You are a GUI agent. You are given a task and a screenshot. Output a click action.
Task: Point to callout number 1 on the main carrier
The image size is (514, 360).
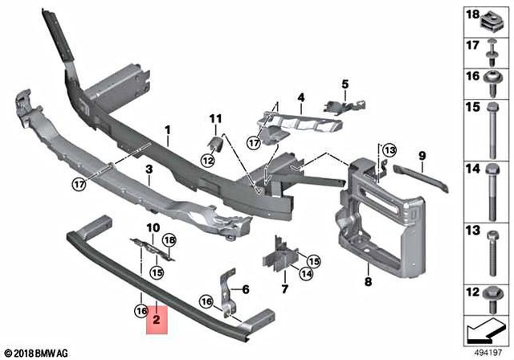tap(169, 129)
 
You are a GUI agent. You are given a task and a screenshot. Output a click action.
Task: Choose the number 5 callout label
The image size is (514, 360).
tap(246, 289)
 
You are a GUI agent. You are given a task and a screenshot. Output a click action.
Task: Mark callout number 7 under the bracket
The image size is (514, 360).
tap(284, 288)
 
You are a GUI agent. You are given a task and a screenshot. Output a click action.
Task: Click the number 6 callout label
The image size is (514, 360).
tap(246, 289)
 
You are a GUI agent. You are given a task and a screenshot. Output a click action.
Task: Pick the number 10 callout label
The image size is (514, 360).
tap(153, 228)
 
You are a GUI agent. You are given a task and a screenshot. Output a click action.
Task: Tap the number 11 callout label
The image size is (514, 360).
tap(214, 120)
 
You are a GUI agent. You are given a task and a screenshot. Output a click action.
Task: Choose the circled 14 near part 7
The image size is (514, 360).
tap(305, 274)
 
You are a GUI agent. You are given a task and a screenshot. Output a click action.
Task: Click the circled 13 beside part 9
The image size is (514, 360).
tap(389, 150)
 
